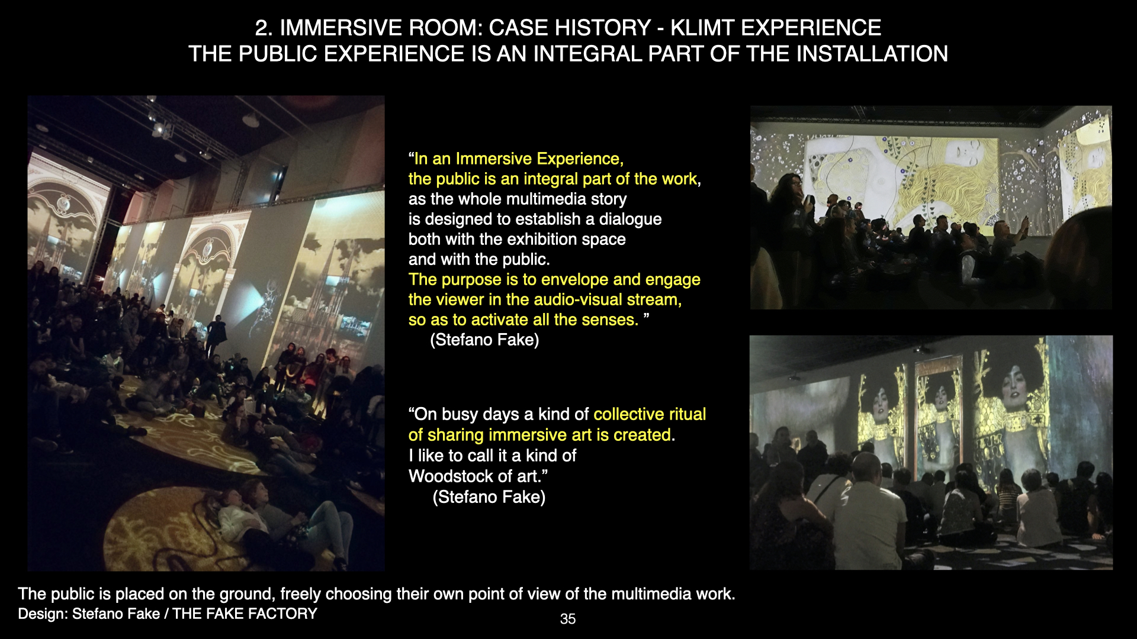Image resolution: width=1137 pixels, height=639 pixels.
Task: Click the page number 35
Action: point(567,619)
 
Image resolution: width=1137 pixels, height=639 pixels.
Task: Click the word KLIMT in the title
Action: point(701,28)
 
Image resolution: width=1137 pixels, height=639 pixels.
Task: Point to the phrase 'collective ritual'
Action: point(650,414)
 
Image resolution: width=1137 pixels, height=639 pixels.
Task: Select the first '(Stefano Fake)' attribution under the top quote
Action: point(484,340)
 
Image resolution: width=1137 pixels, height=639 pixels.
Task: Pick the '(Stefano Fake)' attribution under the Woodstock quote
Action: point(489,497)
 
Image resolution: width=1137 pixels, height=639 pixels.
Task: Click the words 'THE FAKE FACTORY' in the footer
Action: point(245,614)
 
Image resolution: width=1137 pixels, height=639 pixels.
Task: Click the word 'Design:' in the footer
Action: point(43,614)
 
